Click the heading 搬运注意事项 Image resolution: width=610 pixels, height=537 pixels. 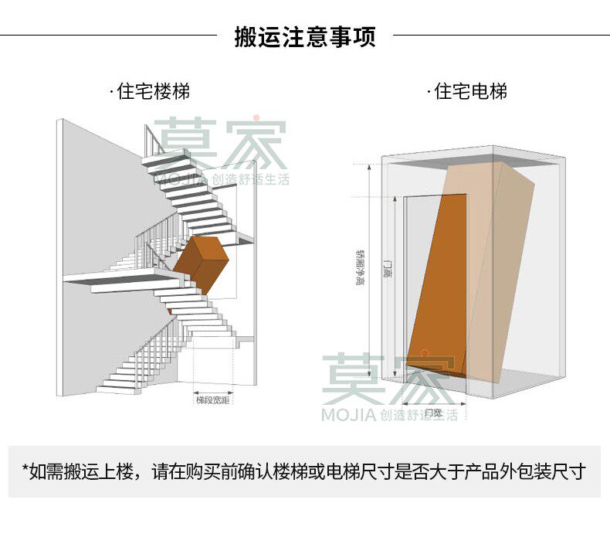[305, 36]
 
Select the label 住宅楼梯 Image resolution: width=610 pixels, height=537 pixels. [153, 91]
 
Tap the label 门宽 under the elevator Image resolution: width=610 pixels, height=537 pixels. [433, 413]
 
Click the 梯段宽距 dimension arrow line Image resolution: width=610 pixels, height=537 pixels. [214, 390]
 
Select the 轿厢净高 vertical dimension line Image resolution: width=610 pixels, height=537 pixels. [371, 270]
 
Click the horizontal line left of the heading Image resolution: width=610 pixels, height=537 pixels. [108, 35]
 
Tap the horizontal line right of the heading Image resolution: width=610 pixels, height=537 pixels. [502, 35]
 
